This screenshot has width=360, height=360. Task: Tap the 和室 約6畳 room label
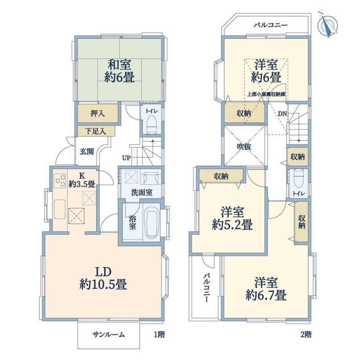pos(119,71)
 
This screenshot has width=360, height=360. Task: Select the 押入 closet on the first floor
pos(97,113)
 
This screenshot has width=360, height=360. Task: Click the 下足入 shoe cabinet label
pos(95,131)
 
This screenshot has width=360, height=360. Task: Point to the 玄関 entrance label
pos(87,151)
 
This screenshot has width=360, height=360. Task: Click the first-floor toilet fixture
pos(151,124)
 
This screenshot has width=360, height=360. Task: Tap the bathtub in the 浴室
pos(151,222)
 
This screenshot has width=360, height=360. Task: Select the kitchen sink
pos(60,209)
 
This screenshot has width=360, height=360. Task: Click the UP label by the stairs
pos(126,158)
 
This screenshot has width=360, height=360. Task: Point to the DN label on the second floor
pos(283,113)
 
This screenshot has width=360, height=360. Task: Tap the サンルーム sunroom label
pos(109,335)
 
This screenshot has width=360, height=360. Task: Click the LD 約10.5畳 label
pos(103,279)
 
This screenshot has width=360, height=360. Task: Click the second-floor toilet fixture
pos(298,179)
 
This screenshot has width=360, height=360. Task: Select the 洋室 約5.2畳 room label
pos(232,219)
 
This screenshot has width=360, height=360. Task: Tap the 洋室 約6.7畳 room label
pos(266,289)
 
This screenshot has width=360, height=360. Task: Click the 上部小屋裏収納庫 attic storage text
pos(266,94)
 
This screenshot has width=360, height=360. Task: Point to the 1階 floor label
pos(159,335)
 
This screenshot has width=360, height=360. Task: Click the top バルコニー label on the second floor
pos(270,25)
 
